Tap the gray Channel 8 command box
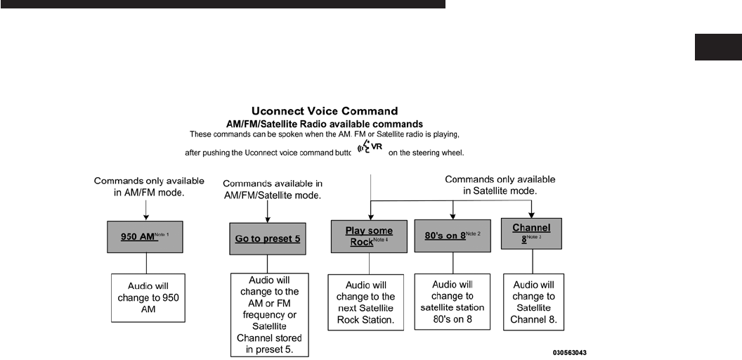(x=531, y=233)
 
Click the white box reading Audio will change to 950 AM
(x=148, y=297)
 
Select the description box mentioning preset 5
(x=270, y=316)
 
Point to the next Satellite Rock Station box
(x=366, y=303)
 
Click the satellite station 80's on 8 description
(x=453, y=302)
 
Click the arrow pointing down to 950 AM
(x=145, y=210)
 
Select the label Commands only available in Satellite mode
(x=500, y=186)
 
